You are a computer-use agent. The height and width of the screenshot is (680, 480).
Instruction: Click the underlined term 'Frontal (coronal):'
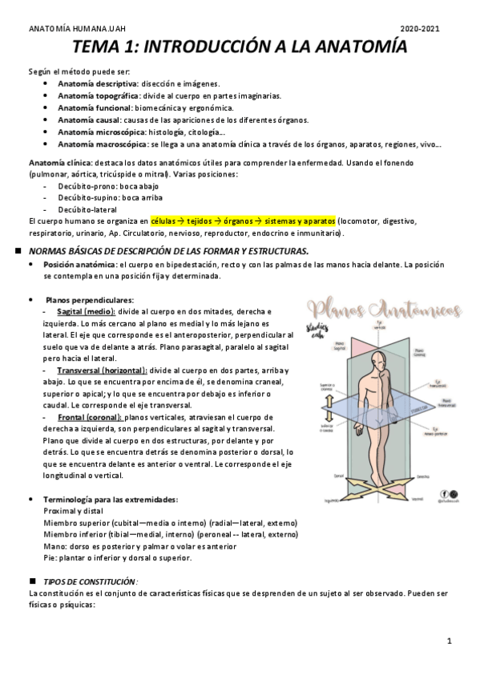point(91,418)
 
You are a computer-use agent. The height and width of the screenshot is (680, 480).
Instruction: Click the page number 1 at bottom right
point(450,641)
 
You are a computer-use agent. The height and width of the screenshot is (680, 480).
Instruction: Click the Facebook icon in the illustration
point(444,492)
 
